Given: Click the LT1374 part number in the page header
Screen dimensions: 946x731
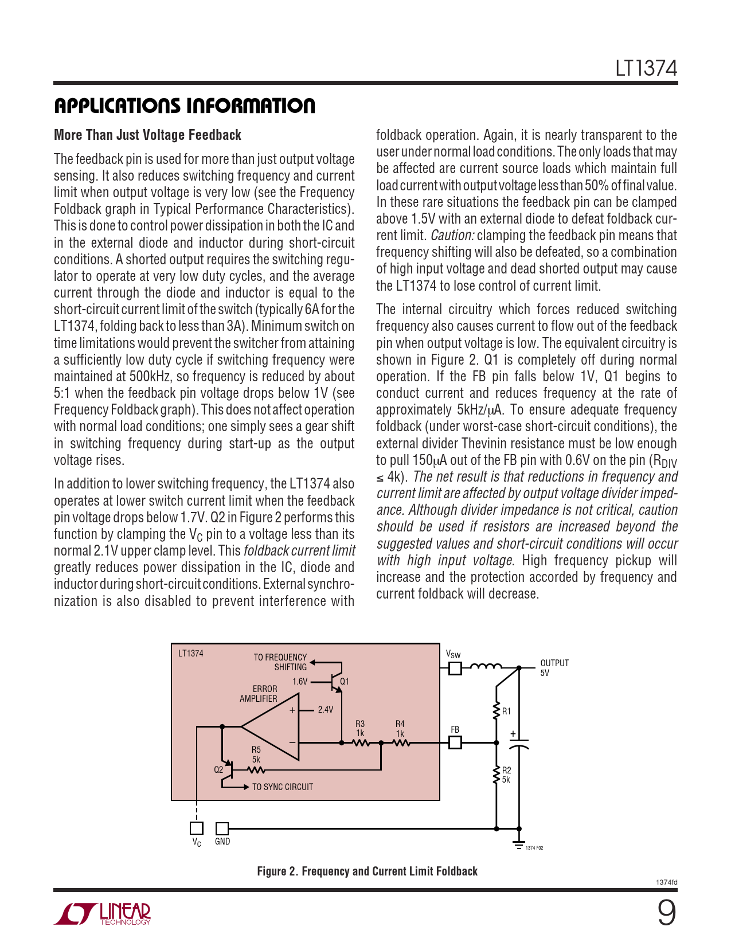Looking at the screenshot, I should (x=646, y=69).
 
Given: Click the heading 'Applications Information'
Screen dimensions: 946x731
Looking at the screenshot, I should (x=185, y=106).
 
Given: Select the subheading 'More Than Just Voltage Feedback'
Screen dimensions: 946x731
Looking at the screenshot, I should (x=147, y=135).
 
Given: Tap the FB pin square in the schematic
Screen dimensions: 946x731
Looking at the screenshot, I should (x=455, y=742).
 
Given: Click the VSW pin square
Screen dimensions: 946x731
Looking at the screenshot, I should (x=455, y=668).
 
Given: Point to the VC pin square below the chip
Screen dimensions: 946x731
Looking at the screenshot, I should (x=196, y=828).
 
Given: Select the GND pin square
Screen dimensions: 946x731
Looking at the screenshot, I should (x=222, y=828).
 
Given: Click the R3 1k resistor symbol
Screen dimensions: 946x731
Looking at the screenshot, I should (x=361, y=742).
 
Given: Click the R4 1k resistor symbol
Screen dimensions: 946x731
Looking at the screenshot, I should (x=401, y=742).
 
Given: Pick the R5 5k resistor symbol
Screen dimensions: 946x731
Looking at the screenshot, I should (x=256, y=769).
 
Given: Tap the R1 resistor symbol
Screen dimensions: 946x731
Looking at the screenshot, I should (x=497, y=711).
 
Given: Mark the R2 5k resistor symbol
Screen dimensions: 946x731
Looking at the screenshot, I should (x=497, y=775).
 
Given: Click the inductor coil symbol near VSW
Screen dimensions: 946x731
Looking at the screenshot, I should (x=486, y=667).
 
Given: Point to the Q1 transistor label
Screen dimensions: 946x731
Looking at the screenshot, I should (x=345, y=682).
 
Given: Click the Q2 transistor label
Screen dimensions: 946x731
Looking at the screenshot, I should (x=218, y=770).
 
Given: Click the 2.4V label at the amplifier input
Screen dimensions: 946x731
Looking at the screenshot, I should (x=325, y=710).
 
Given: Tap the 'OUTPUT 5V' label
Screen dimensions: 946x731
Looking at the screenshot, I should (x=554, y=668).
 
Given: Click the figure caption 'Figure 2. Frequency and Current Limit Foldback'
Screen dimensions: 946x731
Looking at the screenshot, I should (x=367, y=871).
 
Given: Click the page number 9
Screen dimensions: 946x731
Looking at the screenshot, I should (x=666, y=913).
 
